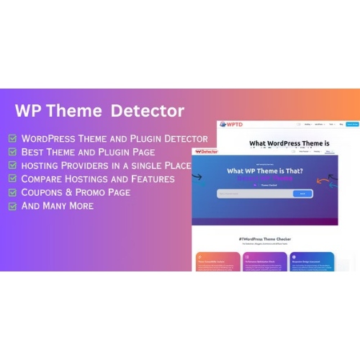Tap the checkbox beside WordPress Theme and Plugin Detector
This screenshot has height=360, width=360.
(13, 138)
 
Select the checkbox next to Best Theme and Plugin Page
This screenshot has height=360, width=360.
(13, 152)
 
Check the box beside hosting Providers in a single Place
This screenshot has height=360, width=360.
(13, 166)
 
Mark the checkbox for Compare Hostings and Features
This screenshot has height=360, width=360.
(13, 179)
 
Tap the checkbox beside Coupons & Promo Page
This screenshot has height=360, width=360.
(13, 192)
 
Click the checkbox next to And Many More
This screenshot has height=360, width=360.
(13, 206)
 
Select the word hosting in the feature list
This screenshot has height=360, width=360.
(42, 166)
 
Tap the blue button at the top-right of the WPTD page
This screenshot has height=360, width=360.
(352, 125)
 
